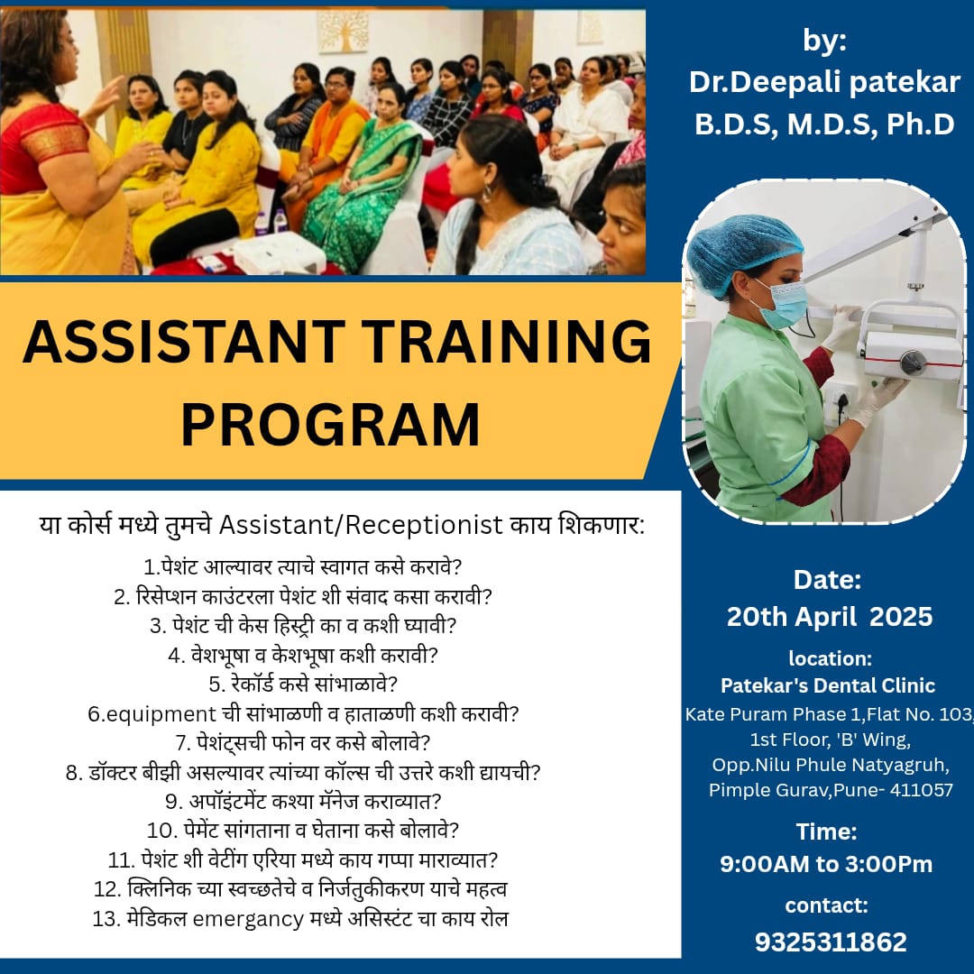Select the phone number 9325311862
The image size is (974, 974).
pos(831,942)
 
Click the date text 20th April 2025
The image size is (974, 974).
pos(830,617)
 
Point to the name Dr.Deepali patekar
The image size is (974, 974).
pos(824,82)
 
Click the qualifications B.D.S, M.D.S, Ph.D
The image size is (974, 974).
pos(824,124)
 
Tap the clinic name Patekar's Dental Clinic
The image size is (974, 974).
pos(827,685)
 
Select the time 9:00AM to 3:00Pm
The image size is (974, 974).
pos(826,864)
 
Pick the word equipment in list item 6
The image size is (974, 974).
pos(161,714)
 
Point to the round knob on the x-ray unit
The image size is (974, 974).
pos(913,362)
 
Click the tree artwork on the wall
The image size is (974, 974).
pos(343,31)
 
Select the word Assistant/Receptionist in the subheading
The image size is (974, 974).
pos(361,525)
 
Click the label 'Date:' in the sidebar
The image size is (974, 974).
pos(827,580)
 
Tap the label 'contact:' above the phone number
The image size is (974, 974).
pos(826,905)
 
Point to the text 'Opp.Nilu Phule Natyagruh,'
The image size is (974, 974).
pos(831,765)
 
